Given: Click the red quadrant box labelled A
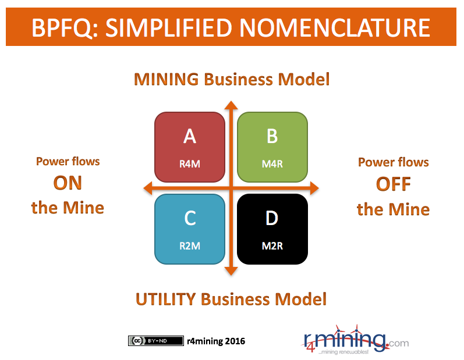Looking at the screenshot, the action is coord(190,147).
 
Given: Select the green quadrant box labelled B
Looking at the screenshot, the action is coord(272,147).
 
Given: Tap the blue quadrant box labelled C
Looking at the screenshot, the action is coord(190,229).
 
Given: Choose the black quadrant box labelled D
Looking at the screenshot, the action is coord(272,229).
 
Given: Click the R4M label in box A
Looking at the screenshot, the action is coord(190,164).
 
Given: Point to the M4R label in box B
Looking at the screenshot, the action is coord(272,164).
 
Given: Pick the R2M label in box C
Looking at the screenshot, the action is coord(190,245).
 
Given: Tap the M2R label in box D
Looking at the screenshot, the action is coord(272,245).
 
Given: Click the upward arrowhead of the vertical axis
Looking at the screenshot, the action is coord(231,105).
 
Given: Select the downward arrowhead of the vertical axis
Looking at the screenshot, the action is coord(231,271).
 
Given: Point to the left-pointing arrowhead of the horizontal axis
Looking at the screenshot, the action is coord(148,188).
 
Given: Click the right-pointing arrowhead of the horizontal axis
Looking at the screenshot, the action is coord(314,188).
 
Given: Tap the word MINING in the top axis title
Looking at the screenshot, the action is coord(167,79).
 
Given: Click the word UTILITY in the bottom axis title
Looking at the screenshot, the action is coord(166,299).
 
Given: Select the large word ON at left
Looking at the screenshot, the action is coord(68,183).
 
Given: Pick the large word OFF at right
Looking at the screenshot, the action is coord(394,184).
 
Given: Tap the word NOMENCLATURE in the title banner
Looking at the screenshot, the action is coord(335,27).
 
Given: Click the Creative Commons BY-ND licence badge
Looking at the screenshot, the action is coord(155,341).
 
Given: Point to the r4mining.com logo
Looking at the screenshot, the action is coord(355,340).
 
